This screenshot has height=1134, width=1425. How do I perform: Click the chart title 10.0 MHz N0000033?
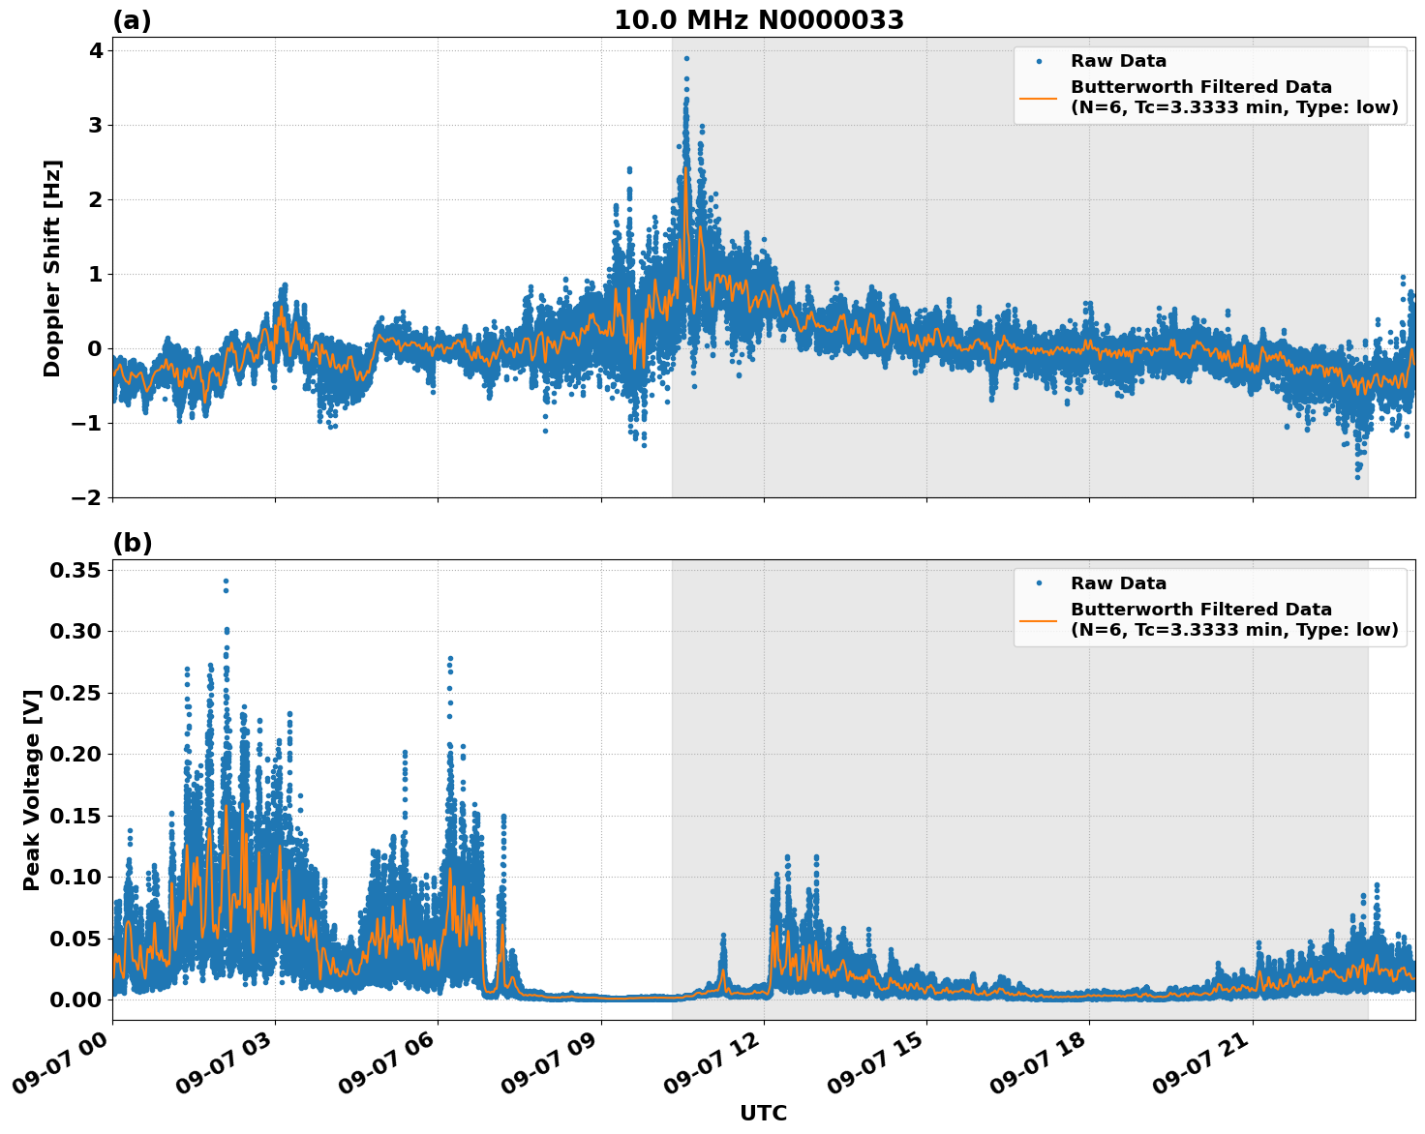click(x=759, y=20)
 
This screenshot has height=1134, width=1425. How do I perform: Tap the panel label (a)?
click(x=132, y=20)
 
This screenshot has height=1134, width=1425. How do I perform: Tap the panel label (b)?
click(x=132, y=543)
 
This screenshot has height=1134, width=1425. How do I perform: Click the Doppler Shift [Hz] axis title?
click(x=52, y=268)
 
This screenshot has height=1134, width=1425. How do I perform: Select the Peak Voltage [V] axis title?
click(x=32, y=790)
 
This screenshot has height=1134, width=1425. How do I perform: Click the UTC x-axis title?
click(x=763, y=1113)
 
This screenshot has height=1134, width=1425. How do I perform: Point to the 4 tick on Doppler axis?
click(x=95, y=50)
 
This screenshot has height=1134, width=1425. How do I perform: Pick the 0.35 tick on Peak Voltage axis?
click(x=75, y=570)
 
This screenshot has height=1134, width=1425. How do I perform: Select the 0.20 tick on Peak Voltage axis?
click(x=75, y=754)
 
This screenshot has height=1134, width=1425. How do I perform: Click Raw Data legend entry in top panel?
click(x=1118, y=61)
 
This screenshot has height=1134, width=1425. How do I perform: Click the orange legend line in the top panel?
click(x=1039, y=98)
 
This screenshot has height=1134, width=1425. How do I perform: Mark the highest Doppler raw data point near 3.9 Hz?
click(x=686, y=58)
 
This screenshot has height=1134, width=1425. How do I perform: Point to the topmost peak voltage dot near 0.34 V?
click(x=226, y=582)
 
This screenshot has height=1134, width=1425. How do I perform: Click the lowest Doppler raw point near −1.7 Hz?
click(x=1357, y=477)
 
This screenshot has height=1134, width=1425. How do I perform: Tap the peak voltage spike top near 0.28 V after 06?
click(x=450, y=659)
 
